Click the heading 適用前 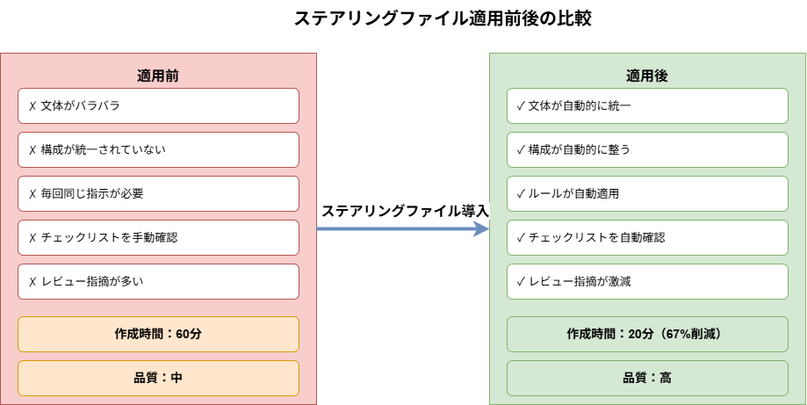pyautogui.click(x=158, y=76)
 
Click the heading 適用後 pyautogui.click(x=647, y=76)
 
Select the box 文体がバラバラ pyautogui.click(x=158, y=105)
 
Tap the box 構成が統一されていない pyautogui.click(x=158, y=149)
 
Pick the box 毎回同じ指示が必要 pyautogui.click(x=158, y=193)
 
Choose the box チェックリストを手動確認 pyautogui.click(x=158, y=237)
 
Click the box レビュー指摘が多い pyautogui.click(x=158, y=281)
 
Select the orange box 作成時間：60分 pyautogui.click(x=158, y=334)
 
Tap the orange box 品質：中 pyautogui.click(x=158, y=378)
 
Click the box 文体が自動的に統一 pyautogui.click(x=647, y=105)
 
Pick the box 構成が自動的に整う pyautogui.click(x=647, y=149)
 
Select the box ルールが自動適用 pyautogui.click(x=647, y=193)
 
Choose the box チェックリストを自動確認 pyautogui.click(x=647, y=237)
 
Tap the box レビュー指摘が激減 pyautogui.click(x=647, y=281)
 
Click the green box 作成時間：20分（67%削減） pyautogui.click(x=647, y=334)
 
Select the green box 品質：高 pyautogui.click(x=647, y=378)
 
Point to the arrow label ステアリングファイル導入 pyautogui.click(x=404, y=211)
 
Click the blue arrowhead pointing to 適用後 pyautogui.click(x=481, y=228)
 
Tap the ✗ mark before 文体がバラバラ pyautogui.click(x=32, y=105)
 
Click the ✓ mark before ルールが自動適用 pyautogui.click(x=521, y=193)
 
